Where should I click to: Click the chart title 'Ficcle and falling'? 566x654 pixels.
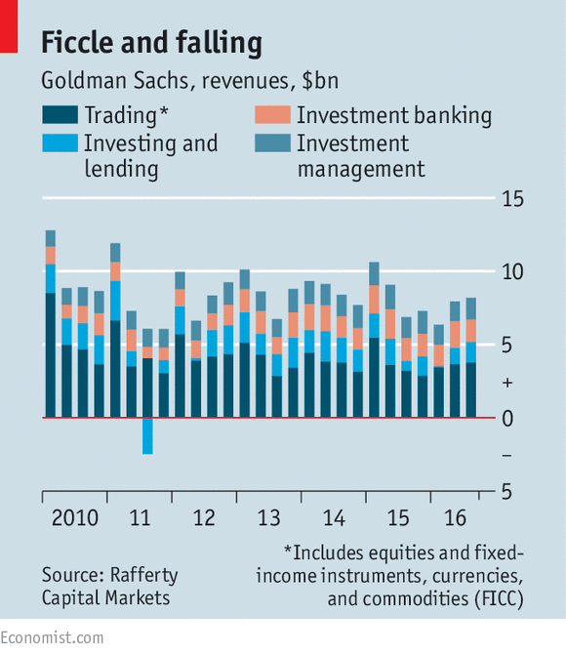pyautogui.click(x=152, y=43)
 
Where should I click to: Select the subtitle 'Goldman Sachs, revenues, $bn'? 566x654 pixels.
pyautogui.click(x=189, y=80)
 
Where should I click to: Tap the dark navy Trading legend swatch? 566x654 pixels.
pyautogui.click(x=61, y=115)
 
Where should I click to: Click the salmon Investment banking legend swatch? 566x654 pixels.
pyautogui.click(x=273, y=115)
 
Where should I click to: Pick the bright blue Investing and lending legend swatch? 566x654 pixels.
pyautogui.click(x=61, y=143)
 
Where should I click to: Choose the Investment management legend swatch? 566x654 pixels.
pyautogui.click(x=273, y=143)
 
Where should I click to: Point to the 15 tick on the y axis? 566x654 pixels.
pyautogui.click(x=512, y=199)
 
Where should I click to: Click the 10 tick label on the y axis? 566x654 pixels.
pyautogui.click(x=512, y=272)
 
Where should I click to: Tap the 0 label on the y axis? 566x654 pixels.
pyautogui.click(x=507, y=419)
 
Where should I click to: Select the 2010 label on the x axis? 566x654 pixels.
pyautogui.click(x=75, y=518)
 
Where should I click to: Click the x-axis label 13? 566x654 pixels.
pyautogui.click(x=268, y=518)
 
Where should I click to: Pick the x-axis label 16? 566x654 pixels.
pyautogui.click(x=455, y=518)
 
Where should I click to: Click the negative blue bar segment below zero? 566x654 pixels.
pyautogui.click(x=147, y=436)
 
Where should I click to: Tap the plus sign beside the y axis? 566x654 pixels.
pyautogui.click(x=507, y=383)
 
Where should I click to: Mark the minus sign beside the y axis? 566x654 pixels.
pyautogui.click(x=506, y=456)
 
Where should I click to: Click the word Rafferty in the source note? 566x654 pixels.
pyautogui.click(x=143, y=576)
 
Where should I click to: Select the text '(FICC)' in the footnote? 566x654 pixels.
pyautogui.click(x=499, y=599)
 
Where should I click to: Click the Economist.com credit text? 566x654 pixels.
pyautogui.click(x=52, y=638)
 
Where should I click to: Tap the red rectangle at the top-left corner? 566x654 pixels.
pyautogui.click(x=9, y=26)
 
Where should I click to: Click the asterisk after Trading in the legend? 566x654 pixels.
pyautogui.click(x=164, y=110)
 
